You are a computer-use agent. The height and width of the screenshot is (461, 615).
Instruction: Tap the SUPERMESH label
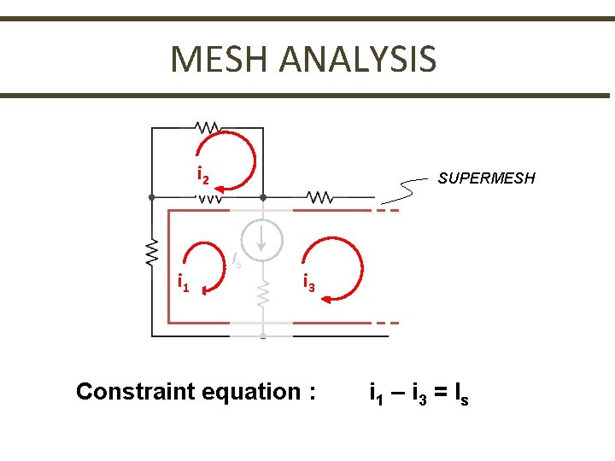[x=486, y=178]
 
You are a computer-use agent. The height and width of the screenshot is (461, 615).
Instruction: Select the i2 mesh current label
[x=203, y=176]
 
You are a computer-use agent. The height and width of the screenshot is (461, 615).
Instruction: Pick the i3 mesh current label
[x=309, y=283]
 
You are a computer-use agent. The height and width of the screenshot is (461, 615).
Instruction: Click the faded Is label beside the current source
[x=237, y=260]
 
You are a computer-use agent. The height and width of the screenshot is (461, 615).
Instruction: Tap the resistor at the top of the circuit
[x=207, y=127]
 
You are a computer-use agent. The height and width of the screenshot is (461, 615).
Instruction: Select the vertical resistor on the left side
[x=152, y=252]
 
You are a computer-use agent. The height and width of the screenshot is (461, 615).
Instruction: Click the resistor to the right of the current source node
[x=319, y=197]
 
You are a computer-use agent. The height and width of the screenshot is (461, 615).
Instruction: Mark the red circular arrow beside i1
[x=206, y=267]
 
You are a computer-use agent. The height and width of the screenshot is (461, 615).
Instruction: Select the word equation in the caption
[x=250, y=392]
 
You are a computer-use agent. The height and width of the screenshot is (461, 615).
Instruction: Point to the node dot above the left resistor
[x=151, y=196]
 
